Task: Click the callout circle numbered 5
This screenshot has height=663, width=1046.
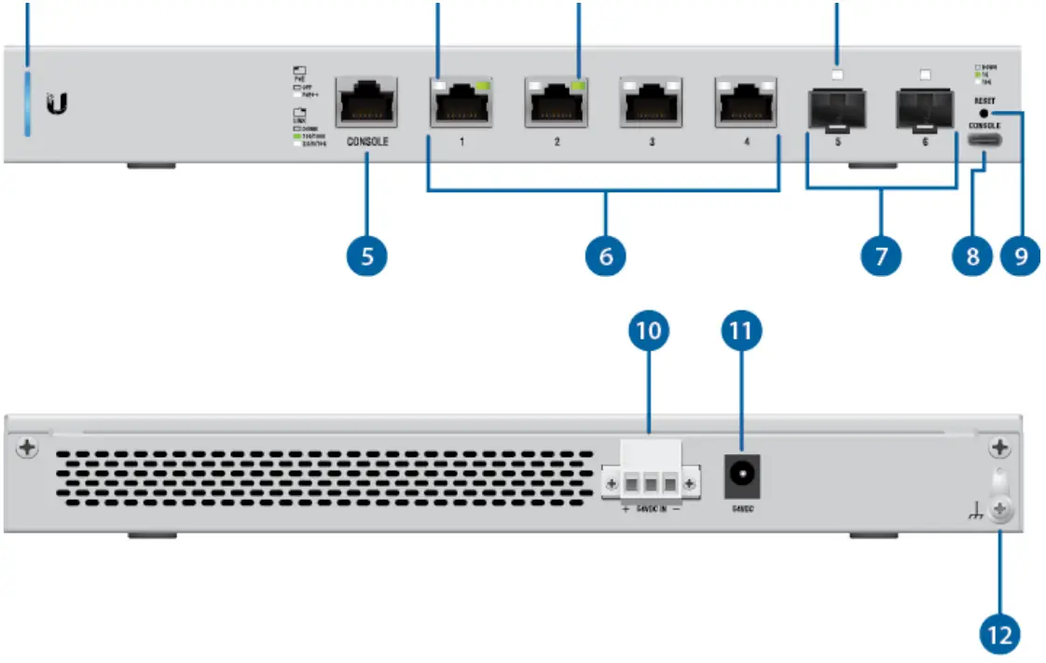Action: click(x=368, y=255)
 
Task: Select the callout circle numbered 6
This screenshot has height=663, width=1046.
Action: click(x=605, y=255)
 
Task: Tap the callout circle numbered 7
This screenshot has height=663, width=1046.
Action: click(x=881, y=255)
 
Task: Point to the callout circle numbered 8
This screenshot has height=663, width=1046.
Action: click(x=971, y=255)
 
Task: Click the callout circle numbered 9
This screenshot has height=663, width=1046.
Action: click(x=1020, y=255)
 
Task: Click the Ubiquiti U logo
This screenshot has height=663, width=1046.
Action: click(x=57, y=104)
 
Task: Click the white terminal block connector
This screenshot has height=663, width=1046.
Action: click(x=649, y=475)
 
